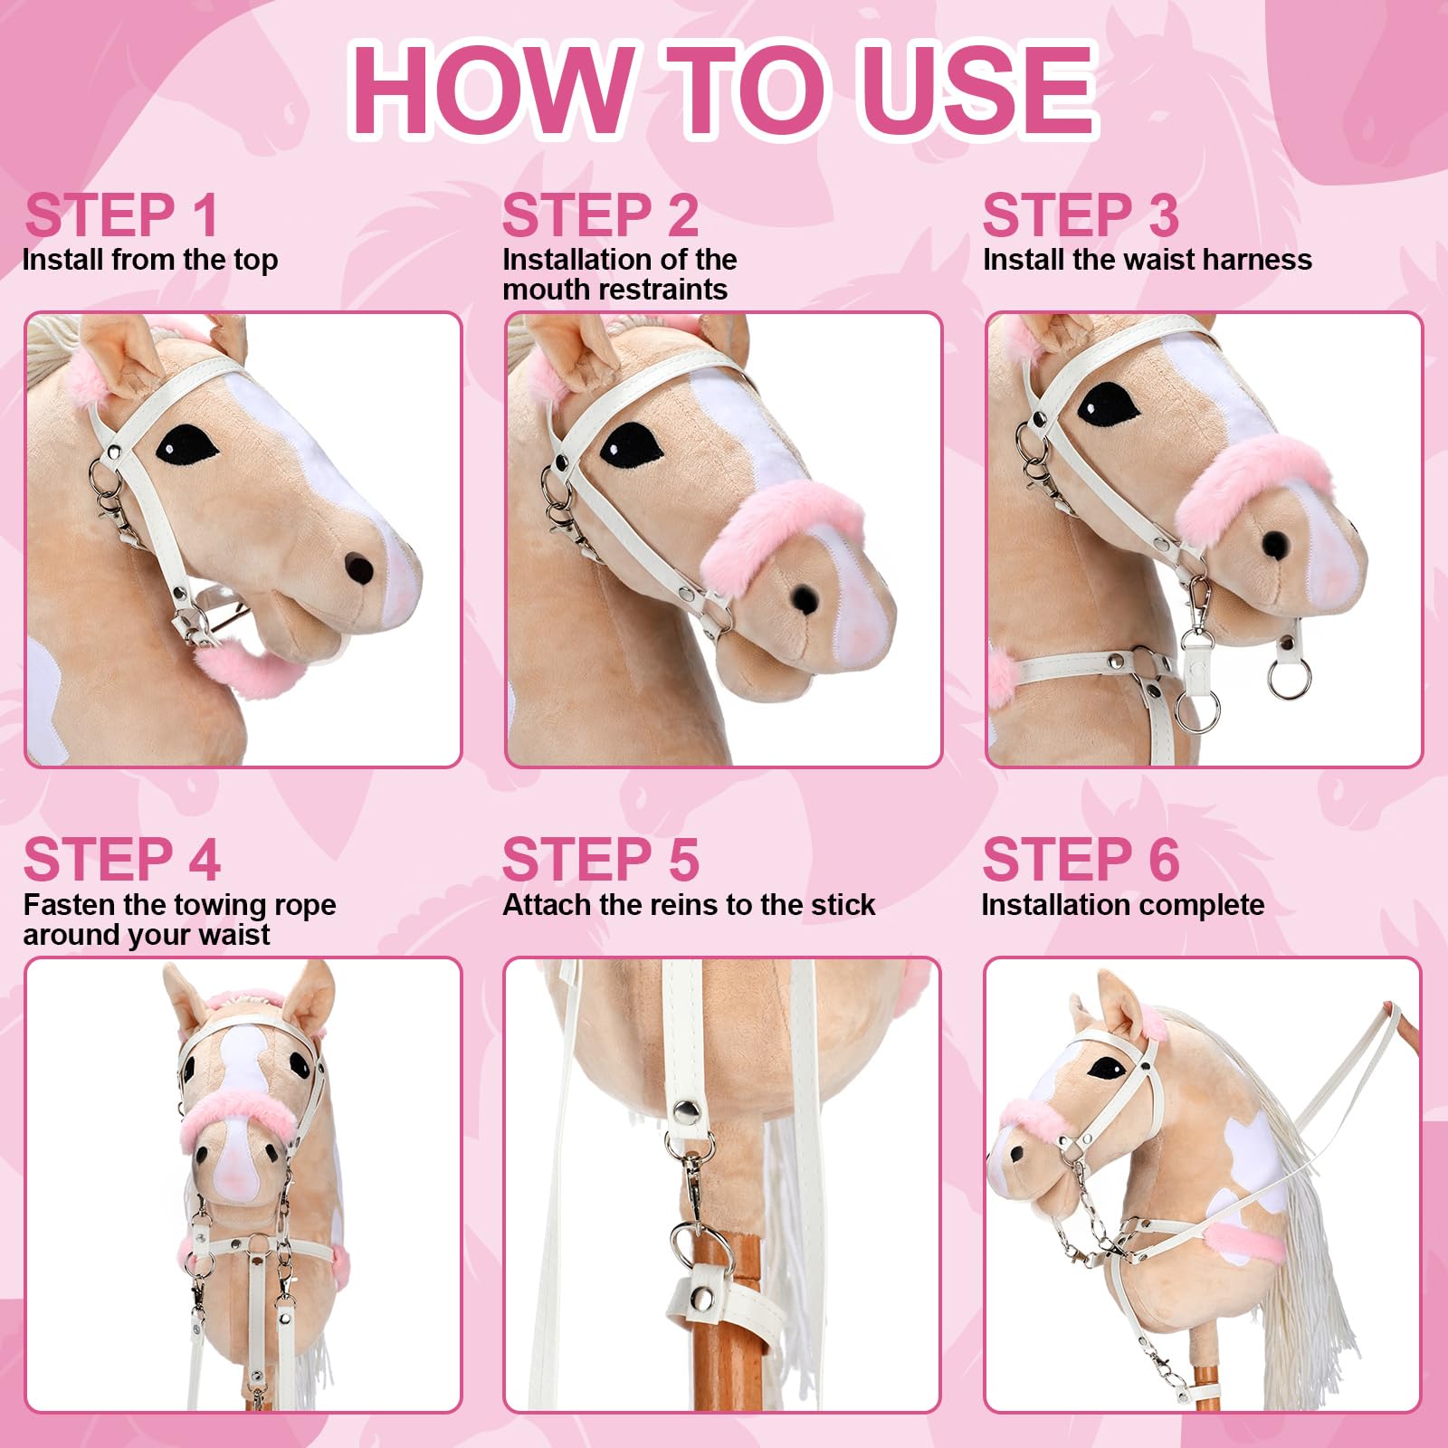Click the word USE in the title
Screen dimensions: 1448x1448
coord(979,90)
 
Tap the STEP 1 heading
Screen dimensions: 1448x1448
coord(122,215)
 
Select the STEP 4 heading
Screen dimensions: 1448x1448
coord(122,859)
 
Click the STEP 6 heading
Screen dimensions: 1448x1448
coord(1081,859)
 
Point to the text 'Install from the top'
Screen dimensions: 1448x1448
coord(150,261)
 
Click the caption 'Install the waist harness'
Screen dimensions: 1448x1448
coord(1148,260)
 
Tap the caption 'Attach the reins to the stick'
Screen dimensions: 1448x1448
coord(689,905)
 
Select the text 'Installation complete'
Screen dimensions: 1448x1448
coord(1123,905)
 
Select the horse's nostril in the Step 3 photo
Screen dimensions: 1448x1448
coord(1275,543)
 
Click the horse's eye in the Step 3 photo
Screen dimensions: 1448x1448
coord(1109,404)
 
